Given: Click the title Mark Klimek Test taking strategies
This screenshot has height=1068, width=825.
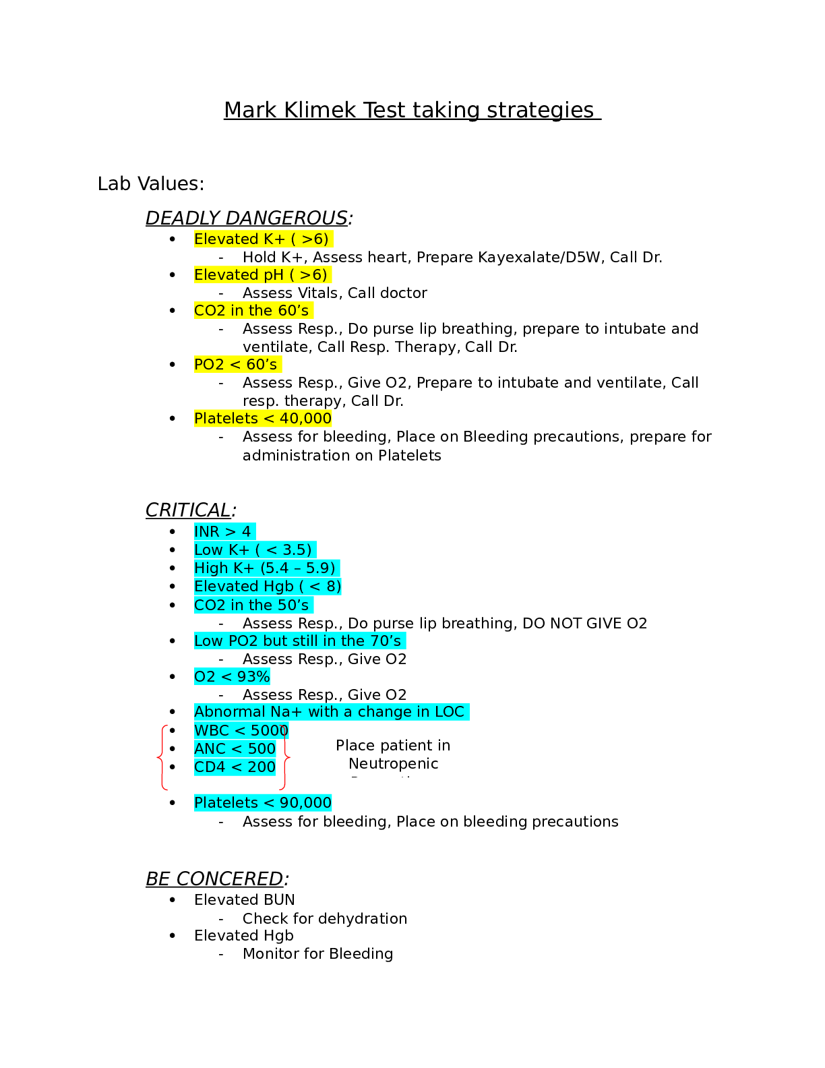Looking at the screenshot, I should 411,110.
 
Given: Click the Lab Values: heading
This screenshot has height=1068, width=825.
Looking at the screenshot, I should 151,183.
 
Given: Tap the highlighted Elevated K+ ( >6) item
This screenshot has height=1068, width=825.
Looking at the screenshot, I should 262,239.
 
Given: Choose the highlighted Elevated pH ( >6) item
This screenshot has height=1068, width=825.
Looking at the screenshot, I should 261,275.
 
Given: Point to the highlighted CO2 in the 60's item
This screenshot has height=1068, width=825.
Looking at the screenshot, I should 251,311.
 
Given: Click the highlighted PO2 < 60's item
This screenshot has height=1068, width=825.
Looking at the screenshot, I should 236,365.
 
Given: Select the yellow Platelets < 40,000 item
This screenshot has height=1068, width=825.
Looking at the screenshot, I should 263,419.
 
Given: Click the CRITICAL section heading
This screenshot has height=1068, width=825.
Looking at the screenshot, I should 189,510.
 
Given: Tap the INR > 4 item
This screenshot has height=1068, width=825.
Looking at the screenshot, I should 222,532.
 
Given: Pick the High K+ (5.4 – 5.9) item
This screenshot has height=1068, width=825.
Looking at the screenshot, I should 265,568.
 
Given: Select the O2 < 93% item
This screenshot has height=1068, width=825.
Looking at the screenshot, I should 232,677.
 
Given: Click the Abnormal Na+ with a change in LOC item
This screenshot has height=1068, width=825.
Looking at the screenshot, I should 330,712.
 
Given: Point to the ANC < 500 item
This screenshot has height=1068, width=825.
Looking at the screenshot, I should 235,749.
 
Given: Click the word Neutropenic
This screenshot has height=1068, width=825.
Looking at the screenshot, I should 393,764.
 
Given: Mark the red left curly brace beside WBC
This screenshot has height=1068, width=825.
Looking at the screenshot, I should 161,757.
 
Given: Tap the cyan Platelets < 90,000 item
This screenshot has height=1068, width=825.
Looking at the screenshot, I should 263,803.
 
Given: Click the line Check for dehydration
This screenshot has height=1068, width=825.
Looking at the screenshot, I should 325,919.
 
